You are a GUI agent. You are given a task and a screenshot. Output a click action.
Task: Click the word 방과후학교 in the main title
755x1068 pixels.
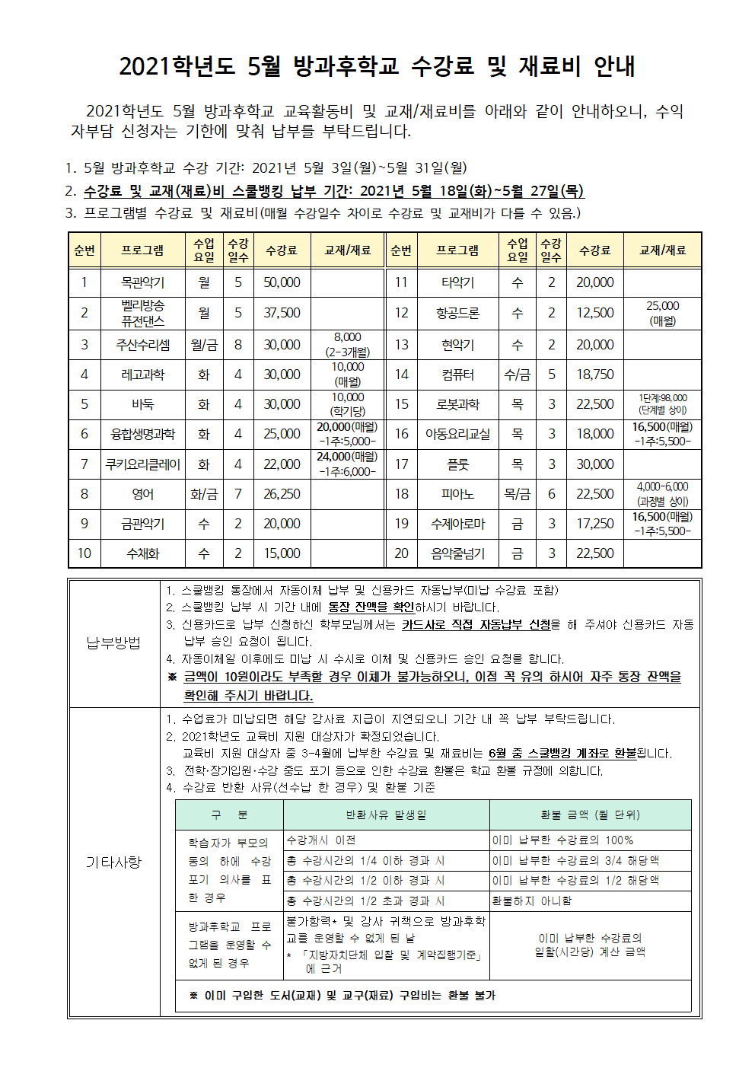pos(346,66)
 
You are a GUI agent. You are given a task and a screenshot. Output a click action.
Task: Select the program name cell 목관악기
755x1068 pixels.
pos(142,282)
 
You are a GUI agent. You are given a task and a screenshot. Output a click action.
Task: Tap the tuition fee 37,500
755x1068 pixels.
pos(282,313)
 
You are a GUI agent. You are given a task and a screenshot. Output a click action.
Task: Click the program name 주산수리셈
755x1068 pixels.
pos(142,345)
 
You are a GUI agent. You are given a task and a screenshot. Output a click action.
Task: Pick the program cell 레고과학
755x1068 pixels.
pos(142,375)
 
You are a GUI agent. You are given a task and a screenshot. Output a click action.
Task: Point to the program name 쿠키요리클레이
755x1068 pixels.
pos(142,464)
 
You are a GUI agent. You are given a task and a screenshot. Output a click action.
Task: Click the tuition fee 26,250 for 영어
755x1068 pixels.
pos(282,494)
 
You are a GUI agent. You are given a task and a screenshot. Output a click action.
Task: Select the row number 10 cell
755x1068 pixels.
pos(84,553)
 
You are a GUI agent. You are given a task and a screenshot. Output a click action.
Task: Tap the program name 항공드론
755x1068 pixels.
pos(457,313)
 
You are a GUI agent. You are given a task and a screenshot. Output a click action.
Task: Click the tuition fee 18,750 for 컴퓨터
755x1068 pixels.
pos(594,375)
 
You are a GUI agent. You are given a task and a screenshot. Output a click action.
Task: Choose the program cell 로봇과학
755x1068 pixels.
pos(457,404)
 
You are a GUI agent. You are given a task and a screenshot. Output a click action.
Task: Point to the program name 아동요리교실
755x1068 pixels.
pos(457,434)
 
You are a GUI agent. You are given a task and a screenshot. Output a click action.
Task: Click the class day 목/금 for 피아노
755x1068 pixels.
pos(517,494)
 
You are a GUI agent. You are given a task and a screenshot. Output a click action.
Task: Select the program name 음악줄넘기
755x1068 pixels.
pos(457,553)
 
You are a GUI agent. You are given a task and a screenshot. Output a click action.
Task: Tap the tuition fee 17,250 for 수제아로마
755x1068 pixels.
pos(594,524)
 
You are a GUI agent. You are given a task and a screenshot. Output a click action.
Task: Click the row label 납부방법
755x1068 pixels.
pos(113,643)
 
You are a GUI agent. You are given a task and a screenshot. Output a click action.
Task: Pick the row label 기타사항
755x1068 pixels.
pos(113,862)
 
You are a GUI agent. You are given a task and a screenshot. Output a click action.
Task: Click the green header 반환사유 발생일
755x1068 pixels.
pos(386,815)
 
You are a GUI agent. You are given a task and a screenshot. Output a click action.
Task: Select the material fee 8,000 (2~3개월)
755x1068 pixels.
pos(348,345)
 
